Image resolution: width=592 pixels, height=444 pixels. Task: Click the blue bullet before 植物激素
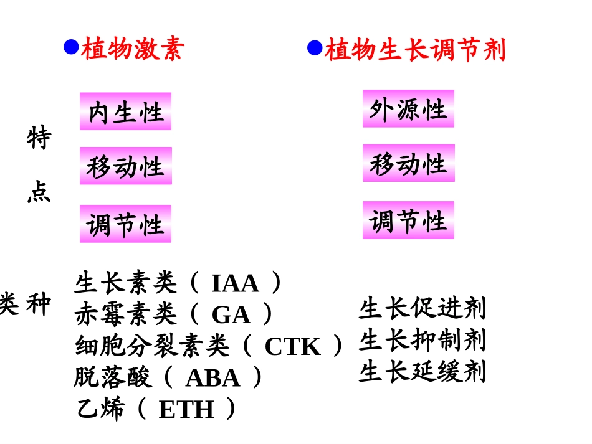click(71, 47)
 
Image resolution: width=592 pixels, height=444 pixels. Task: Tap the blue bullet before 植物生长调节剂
click(315, 47)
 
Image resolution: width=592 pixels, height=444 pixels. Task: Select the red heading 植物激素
click(133, 49)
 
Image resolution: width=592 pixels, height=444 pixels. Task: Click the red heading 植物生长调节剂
click(415, 50)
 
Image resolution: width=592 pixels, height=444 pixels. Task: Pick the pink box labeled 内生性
click(125, 112)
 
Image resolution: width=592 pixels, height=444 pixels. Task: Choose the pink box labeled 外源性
click(408, 109)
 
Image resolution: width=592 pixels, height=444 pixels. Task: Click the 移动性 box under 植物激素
click(125, 166)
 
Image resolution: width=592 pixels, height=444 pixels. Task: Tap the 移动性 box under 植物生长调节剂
click(408, 163)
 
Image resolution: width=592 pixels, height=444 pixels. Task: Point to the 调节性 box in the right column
click(408, 220)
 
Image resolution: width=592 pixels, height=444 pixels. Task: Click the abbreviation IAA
click(235, 284)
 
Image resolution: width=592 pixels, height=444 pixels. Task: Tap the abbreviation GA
click(231, 315)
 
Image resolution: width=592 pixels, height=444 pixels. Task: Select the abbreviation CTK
click(292, 347)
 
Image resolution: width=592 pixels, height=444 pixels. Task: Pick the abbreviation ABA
click(212, 378)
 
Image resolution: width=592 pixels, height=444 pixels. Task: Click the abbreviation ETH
click(186, 409)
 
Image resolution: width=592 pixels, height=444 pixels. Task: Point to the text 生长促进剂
click(422, 308)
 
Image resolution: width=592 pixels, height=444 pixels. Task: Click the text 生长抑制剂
click(422, 340)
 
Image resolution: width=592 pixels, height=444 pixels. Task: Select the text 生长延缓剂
click(422, 372)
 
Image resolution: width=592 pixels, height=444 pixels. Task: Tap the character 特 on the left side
click(39, 138)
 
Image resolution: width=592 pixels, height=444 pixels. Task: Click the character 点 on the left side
click(39, 192)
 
